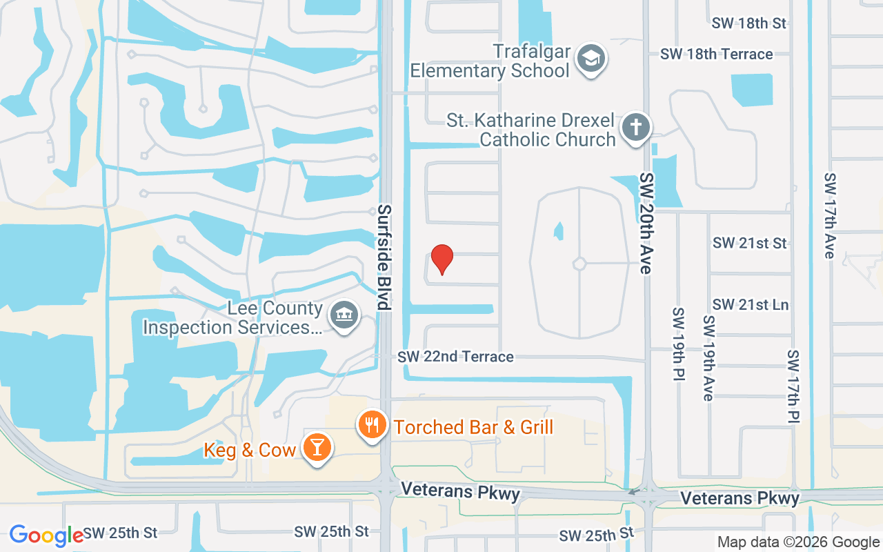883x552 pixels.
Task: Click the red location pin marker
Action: tap(441, 259)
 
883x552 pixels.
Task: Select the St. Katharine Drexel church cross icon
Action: tap(635, 128)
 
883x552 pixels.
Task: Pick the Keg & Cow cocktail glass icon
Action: tap(317, 448)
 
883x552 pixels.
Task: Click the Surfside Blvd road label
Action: tap(384, 257)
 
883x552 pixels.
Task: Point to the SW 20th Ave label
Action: tap(646, 223)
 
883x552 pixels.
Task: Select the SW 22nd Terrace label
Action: tap(455, 357)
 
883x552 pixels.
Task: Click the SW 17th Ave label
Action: tap(829, 215)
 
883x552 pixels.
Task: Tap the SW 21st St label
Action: tap(750, 243)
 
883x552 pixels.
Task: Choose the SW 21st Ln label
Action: tap(751, 304)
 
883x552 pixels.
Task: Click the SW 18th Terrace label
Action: tap(716, 54)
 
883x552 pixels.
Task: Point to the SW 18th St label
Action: tap(749, 23)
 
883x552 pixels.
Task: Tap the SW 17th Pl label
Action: tap(793, 386)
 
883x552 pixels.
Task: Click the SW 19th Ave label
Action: tap(708, 358)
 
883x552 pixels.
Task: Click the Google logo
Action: tap(46, 535)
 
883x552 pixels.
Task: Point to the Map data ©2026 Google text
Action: tap(798, 542)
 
